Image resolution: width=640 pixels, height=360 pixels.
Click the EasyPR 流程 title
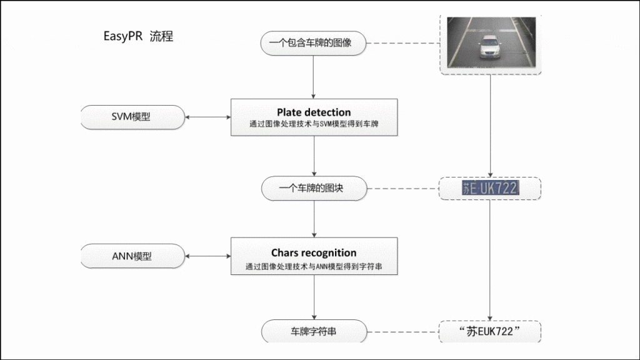click(138, 36)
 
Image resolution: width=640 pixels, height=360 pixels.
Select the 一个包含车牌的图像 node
click(313, 43)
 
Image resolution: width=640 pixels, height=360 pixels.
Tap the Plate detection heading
click(314, 112)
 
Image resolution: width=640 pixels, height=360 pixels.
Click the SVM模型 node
click(132, 117)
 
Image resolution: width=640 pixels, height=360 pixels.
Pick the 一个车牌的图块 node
click(314, 188)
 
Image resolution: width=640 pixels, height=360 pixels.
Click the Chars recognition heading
click(314, 252)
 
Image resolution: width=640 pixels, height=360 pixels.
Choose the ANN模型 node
click(132, 256)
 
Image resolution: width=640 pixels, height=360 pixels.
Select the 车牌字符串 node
click(314, 331)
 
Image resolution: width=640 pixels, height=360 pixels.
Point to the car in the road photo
click(490, 46)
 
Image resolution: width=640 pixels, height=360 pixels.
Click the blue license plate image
click(490, 188)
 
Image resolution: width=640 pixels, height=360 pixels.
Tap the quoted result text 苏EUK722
click(489, 331)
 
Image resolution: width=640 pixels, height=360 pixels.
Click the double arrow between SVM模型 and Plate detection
click(207, 117)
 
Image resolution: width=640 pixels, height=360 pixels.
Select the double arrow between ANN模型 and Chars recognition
click(207, 256)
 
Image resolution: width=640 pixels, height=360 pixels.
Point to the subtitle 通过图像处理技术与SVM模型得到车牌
click(314, 124)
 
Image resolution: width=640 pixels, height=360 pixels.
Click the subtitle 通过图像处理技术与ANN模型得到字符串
click(314, 266)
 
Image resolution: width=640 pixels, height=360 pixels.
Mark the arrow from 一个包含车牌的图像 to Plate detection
click(314, 77)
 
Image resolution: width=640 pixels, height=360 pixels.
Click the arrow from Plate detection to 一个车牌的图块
click(314, 156)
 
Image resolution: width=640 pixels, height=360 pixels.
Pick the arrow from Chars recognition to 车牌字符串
click(314, 297)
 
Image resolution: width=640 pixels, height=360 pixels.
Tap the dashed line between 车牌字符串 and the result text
click(403, 332)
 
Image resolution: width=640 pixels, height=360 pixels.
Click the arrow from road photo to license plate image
click(490, 126)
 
